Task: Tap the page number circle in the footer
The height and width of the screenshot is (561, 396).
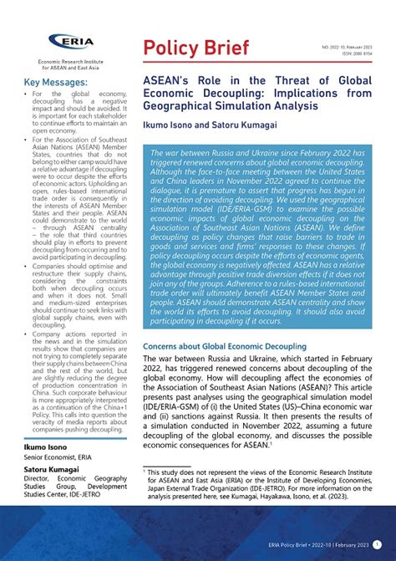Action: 378,543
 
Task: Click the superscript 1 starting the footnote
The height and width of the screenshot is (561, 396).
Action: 145,472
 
